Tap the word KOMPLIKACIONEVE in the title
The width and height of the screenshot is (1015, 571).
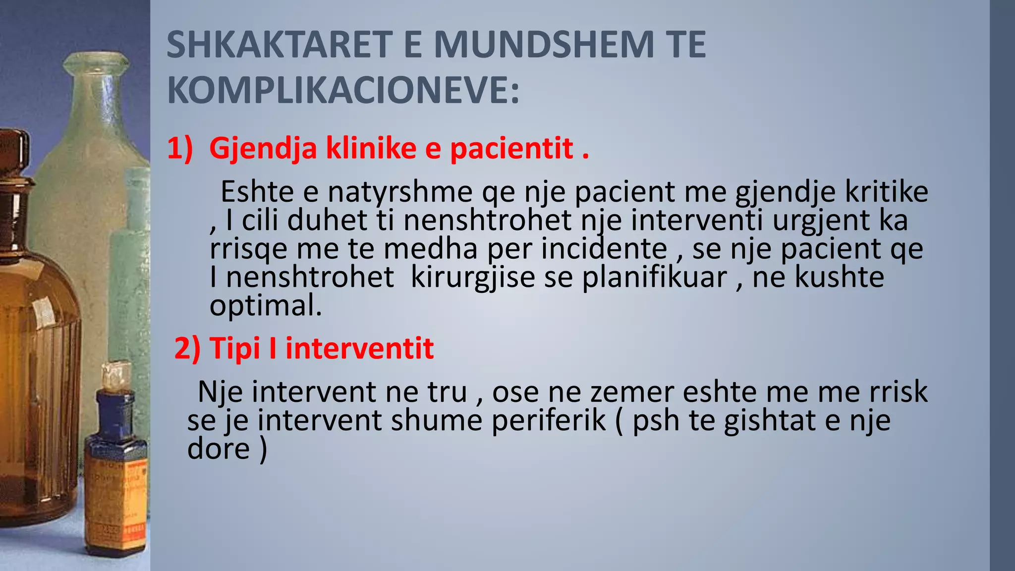[343, 90]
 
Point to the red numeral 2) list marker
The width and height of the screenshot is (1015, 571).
[187, 348]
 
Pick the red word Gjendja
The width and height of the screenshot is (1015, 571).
[263, 149]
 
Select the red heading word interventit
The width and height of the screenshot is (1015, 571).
[359, 348]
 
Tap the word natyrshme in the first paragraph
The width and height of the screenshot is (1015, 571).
[400, 192]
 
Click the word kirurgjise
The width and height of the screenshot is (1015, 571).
[473, 278]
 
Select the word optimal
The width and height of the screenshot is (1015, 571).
[266, 306]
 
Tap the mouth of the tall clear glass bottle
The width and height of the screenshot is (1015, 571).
[95, 62]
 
